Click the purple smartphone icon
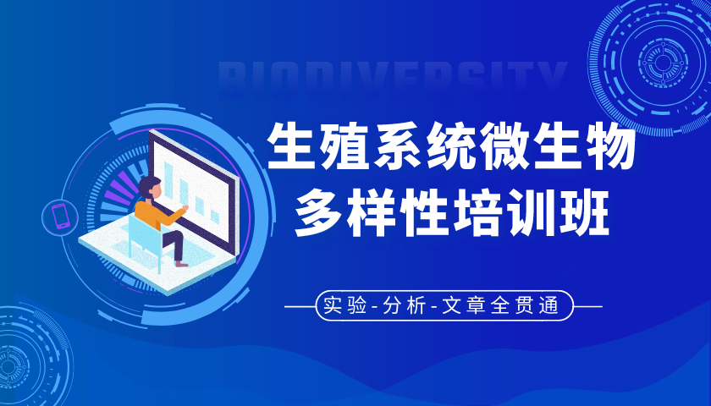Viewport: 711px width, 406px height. pyautogui.click(x=60, y=217)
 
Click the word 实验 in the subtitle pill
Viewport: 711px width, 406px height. pyautogui.click(x=345, y=306)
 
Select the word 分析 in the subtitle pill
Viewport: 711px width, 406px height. pyautogui.click(x=404, y=306)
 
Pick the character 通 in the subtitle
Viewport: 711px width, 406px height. pyautogui.click(x=549, y=306)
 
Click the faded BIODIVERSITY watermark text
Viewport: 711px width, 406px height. pyautogui.click(x=393, y=77)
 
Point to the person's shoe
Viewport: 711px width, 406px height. pyautogui.click(x=181, y=264)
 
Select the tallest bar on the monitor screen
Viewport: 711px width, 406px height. pyautogui.click(x=168, y=180)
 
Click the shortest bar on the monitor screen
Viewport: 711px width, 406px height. pyautogui.click(x=215, y=217)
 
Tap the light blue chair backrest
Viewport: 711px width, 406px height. pyautogui.click(x=141, y=236)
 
